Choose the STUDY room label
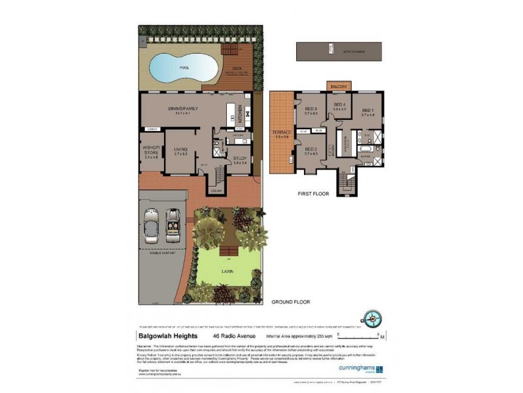[x=240, y=158]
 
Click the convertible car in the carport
[x=173, y=221]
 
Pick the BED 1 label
[x=368, y=110]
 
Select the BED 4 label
[x=339, y=105]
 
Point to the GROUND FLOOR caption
[x=291, y=302]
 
